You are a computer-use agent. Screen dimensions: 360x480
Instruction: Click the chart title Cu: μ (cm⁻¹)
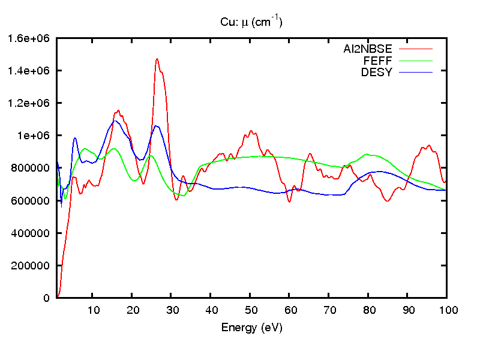(251, 23)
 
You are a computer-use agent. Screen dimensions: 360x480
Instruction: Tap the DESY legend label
(376, 73)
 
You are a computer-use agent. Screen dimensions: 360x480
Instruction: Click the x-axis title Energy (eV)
(251, 328)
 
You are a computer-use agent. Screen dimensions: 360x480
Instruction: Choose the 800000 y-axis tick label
(34, 168)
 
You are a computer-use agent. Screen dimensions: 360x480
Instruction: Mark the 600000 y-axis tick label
(34, 200)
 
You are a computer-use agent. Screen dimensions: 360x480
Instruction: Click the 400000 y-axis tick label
(34, 233)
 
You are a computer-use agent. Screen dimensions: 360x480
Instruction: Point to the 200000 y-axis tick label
(34, 265)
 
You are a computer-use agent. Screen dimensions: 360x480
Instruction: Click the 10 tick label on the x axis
(93, 310)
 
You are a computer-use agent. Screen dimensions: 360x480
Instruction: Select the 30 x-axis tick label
(172, 310)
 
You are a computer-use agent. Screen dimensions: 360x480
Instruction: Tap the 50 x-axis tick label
(250, 310)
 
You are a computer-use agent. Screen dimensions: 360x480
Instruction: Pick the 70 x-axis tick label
(329, 310)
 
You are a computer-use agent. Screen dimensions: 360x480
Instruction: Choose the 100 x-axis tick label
(447, 310)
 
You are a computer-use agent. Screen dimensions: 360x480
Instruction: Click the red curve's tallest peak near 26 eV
(157, 59)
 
